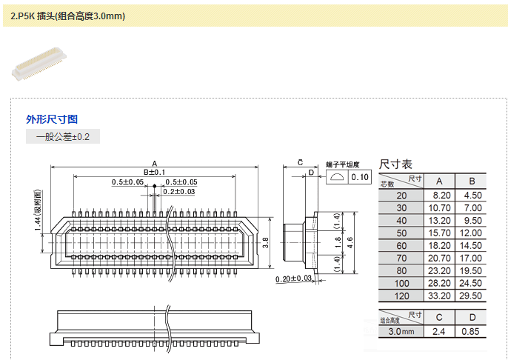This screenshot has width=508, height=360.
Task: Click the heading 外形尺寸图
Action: click(x=52, y=119)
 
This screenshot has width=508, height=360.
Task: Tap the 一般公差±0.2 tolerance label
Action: click(x=63, y=137)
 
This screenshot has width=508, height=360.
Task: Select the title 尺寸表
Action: click(x=396, y=164)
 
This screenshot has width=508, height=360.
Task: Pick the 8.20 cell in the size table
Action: click(x=439, y=195)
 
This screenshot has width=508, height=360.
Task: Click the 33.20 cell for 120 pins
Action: click(x=439, y=296)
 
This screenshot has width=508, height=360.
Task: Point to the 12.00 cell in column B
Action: click(x=471, y=233)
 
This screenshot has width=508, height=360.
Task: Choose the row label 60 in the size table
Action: click(x=401, y=245)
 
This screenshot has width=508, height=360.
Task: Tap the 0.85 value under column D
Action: click(x=471, y=331)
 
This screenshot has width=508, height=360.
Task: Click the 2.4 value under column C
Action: click(x=439, y=331)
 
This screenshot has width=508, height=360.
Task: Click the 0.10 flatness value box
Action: click(x=361, y=177)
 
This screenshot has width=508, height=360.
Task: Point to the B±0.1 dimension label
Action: click(x=154, y=173)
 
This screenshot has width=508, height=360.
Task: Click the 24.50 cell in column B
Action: click(x=471, y=283)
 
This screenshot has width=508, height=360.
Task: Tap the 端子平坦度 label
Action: click(x=343, y=164)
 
